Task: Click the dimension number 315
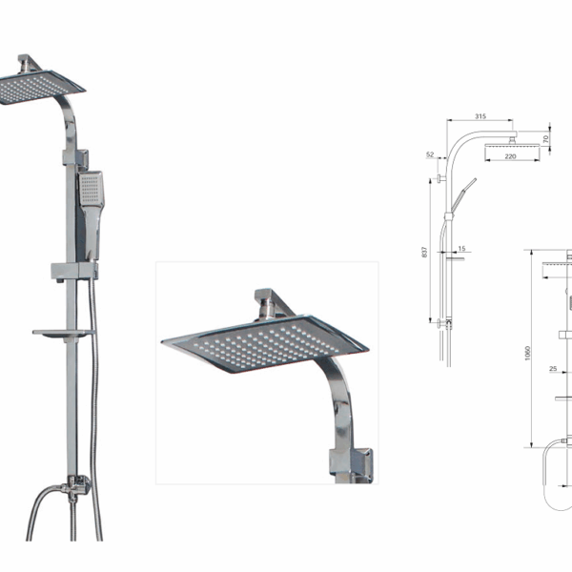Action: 480,117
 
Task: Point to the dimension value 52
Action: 430,154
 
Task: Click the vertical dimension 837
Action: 424,252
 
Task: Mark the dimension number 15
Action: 461,250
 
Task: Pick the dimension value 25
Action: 552,369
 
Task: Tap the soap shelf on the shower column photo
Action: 63,334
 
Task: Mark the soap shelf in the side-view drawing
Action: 448,255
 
